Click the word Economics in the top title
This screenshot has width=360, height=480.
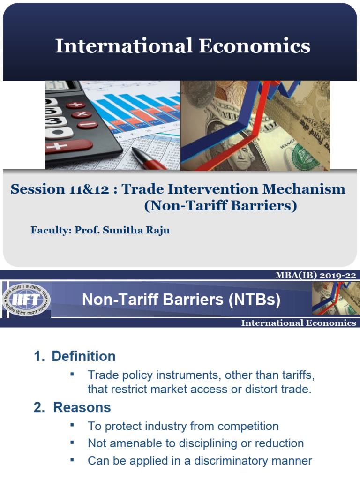[x=254, y=46]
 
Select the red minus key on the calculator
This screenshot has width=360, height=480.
[x=88, y=125]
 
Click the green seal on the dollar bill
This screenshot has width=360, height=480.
[x=307, y=157]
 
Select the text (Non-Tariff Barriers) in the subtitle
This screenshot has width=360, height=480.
[x=220, y=206]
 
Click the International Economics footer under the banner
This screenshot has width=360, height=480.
[x=298, y=323]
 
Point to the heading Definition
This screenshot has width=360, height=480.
[x=83, y=356]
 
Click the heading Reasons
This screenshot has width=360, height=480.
[x=82, y=407]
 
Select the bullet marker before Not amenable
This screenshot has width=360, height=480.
[x=72, y=442]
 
